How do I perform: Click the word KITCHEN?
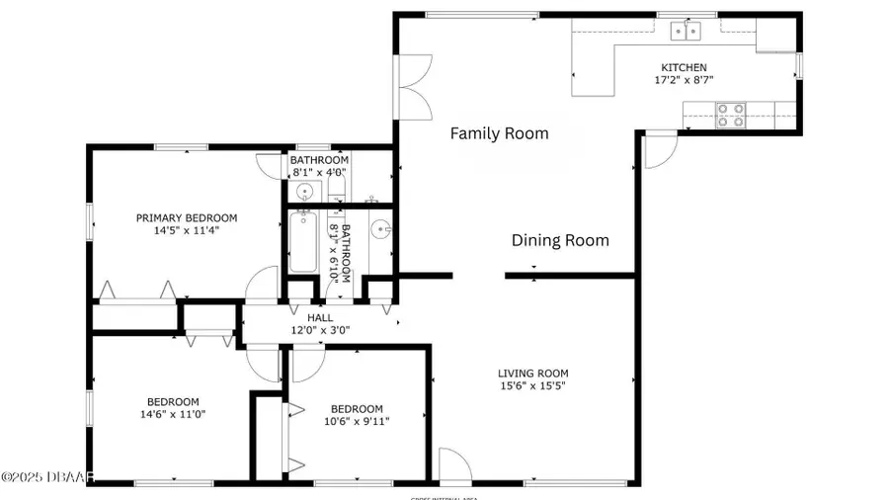684,68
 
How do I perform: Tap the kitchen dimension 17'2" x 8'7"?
684,80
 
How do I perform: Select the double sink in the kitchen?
687,32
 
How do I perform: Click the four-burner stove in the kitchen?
730,116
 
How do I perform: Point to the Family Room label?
499,133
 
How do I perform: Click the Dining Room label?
559,240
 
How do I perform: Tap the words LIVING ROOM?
532,374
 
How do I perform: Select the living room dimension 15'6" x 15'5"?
532,386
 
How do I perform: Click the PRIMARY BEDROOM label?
187,218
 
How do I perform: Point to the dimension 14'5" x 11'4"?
187,230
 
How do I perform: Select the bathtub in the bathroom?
303,242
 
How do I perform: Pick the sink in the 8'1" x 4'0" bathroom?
305,191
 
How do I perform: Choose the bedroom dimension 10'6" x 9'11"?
357,421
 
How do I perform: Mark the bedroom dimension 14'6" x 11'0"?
173,414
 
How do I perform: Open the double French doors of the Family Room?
412,84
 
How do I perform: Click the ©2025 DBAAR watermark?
47,477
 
